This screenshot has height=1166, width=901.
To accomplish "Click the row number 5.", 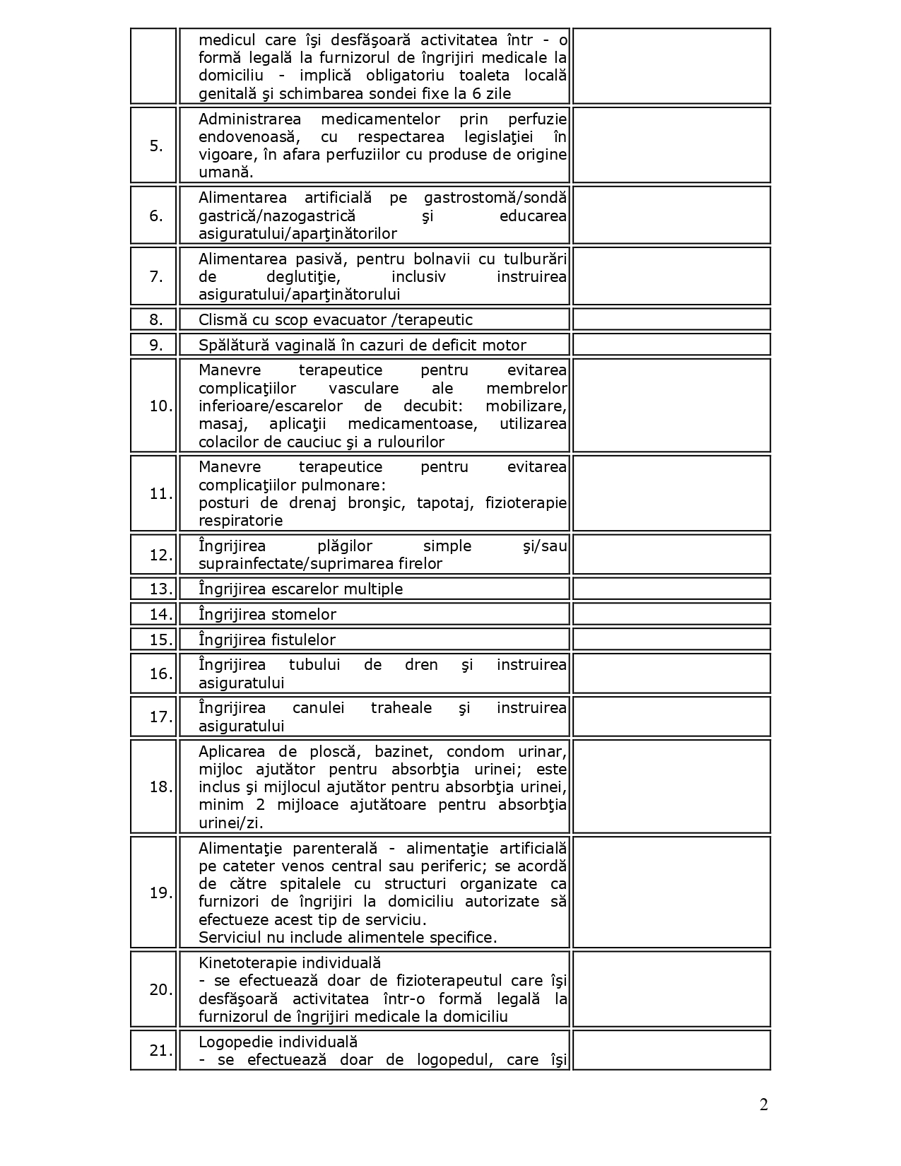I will (x=155, y=146).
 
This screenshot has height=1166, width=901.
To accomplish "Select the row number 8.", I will (x=155, y=320).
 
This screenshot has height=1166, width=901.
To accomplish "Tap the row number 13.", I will (x=160, y=589).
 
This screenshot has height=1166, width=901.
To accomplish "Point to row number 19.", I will (x=160, y=893).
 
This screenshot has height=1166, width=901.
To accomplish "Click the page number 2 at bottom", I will (x=763, y=1105).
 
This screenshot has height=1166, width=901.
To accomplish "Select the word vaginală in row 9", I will (x=293, y=346).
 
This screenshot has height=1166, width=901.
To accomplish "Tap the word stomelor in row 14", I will (x=303, y=615).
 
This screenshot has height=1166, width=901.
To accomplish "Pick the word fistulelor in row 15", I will (x=303, y=640).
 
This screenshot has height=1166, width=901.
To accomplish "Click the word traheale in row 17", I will (x=401, y=708).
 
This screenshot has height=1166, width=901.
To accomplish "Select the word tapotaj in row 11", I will (x=438, y=503).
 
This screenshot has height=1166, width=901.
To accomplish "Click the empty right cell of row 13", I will (x=671, y=589).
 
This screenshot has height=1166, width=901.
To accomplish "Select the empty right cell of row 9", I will (x=671, y=345).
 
